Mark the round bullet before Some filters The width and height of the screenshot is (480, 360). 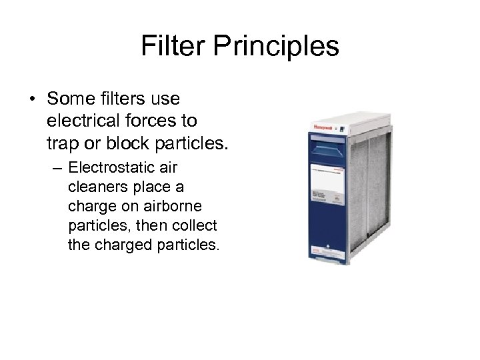33,99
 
